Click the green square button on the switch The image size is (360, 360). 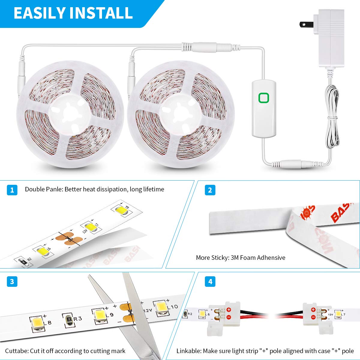264,98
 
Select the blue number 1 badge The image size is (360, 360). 12,190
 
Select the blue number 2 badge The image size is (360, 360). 210,190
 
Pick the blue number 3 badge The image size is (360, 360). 12,281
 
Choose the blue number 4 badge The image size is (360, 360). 210,281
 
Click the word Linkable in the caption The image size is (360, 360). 188,351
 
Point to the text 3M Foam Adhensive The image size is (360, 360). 258,257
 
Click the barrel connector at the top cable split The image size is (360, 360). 207,47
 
